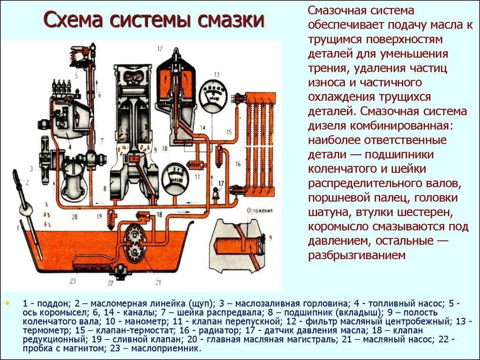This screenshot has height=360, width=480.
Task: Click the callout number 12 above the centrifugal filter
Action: click(160, 48)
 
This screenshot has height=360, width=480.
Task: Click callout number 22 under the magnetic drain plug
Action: click(111, 282)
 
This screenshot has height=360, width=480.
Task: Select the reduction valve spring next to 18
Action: click(141, 216)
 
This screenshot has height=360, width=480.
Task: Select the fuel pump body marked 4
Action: click(70, 117)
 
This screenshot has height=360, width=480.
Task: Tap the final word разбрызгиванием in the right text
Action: click(356, 255)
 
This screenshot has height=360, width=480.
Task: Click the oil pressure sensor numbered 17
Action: click(216, 192)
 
